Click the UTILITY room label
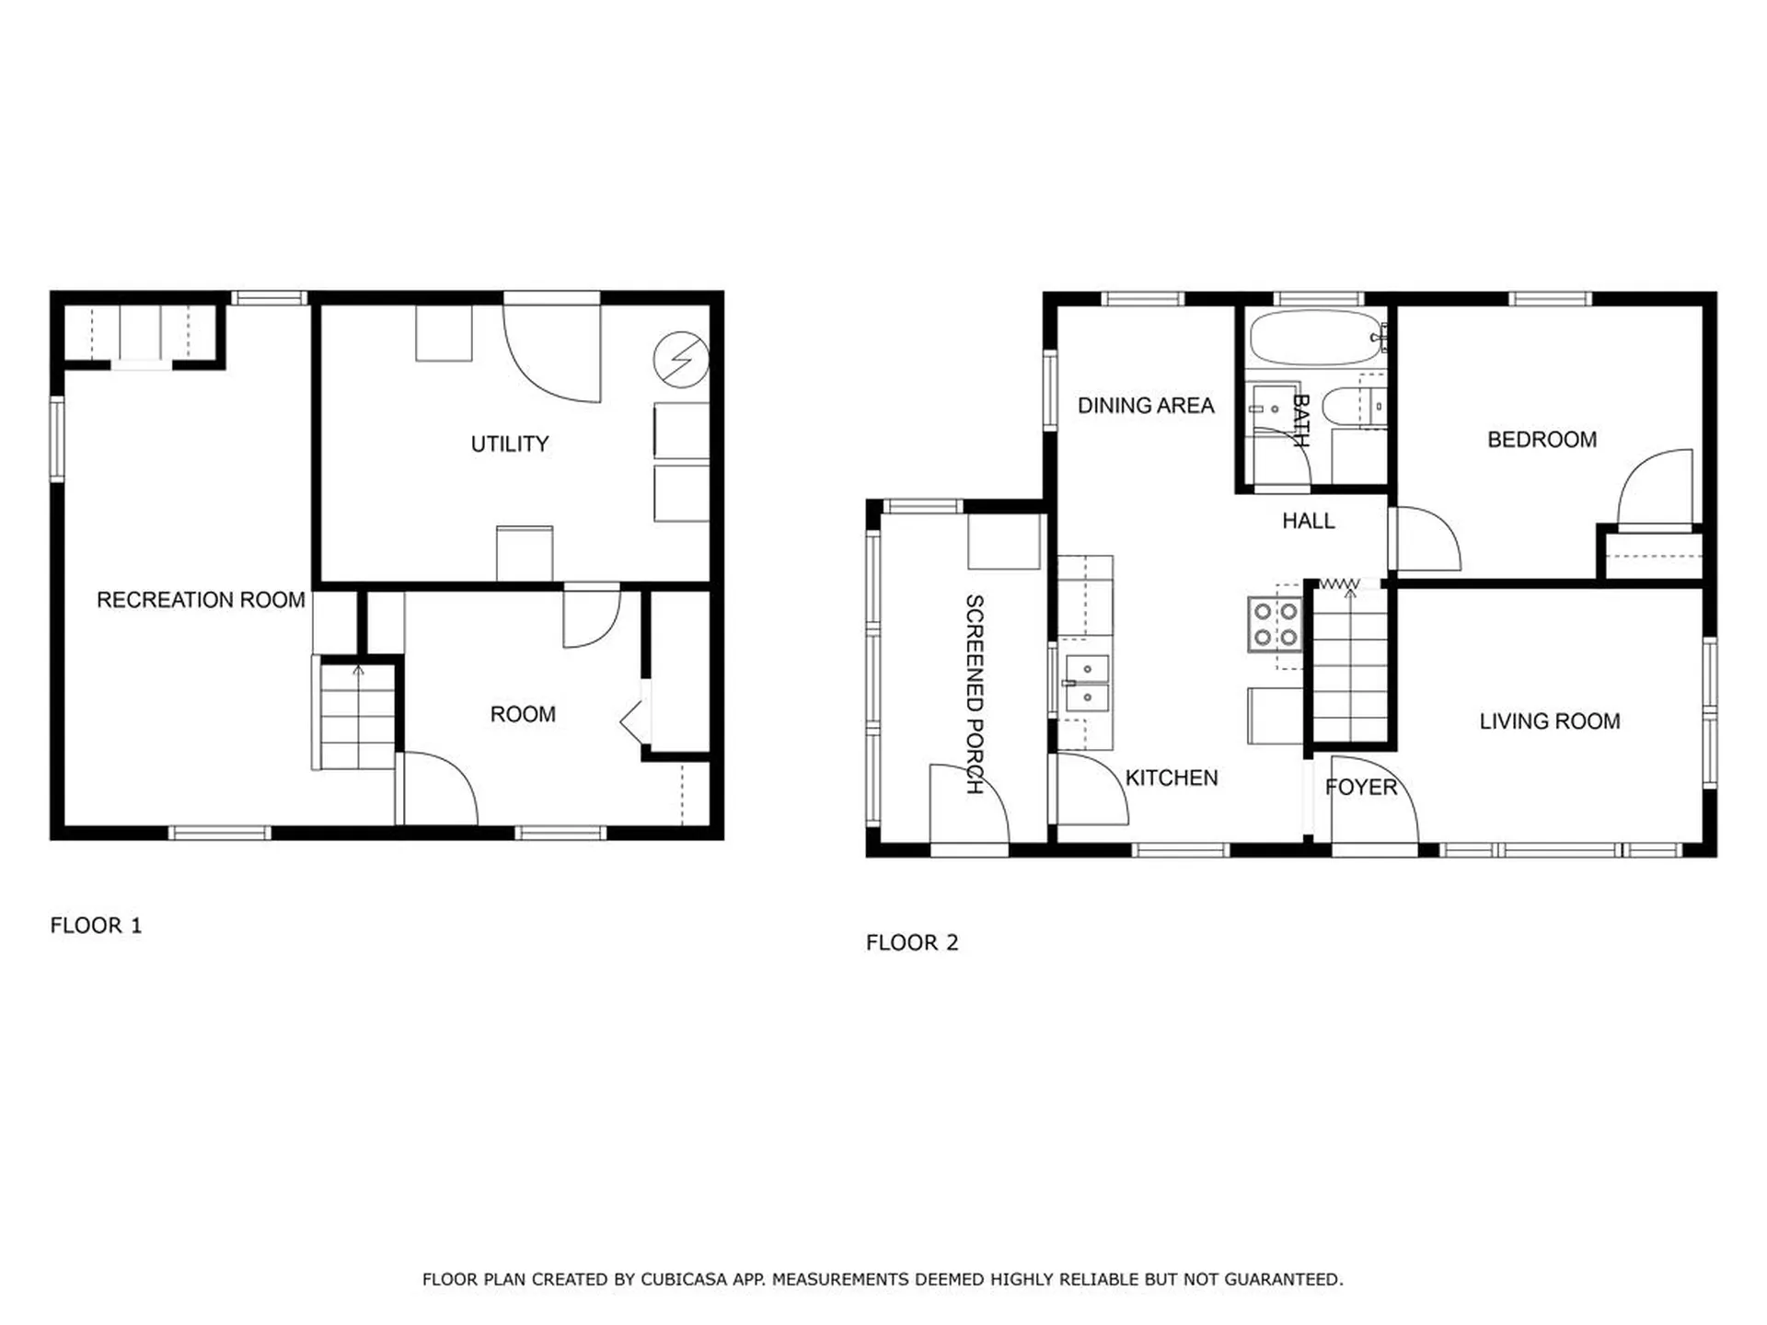[509, 444]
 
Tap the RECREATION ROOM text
[201, 600]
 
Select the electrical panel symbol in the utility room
[681, 359]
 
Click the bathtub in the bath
[1314, 339]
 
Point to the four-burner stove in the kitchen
[1275, 624]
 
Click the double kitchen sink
[1086, 683]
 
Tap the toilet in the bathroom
[1351, 407]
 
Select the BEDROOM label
[1542, 440]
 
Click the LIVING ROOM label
[1549, 721]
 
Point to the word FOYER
[1360, 788]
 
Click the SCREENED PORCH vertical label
[975, 694]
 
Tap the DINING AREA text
[1145, 406]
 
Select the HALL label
[1308, 522]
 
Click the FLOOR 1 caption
[96, 926]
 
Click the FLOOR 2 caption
[911, 943]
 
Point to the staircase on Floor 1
[357, 715]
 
